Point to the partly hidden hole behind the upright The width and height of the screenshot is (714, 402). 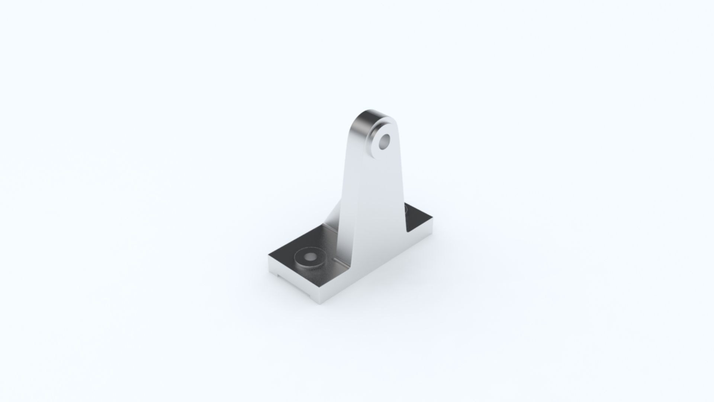[407, 211]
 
